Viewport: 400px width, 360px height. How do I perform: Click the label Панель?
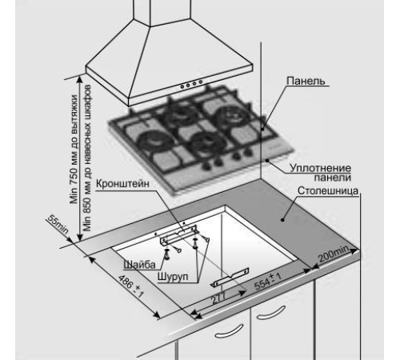tap(306, 81)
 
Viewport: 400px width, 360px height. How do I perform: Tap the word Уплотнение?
tap(320, 168)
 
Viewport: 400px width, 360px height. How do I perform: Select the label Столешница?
tap(328, 190)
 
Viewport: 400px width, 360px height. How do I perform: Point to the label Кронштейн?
tap(122, 184)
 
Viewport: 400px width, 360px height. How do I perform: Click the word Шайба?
tap(139, 265)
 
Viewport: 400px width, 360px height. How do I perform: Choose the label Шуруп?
tap(173, 276)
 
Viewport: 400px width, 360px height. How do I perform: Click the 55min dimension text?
tap(58, 225)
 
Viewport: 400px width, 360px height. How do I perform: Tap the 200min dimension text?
tap(334, 254)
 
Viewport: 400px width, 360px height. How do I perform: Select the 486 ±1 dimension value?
tap(130, 286)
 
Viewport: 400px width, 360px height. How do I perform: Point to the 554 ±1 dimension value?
tap(267, 282)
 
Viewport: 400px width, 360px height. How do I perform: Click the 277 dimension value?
tap(218, 298)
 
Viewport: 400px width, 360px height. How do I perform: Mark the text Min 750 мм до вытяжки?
tap(74, 150)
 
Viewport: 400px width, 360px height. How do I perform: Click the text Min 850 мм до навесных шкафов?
tap(87, 158)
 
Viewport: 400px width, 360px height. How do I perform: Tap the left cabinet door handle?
tap(229, 331)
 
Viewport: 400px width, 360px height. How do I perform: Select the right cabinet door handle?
tap(270, 313)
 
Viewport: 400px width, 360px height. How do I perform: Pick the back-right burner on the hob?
tap(230, 114)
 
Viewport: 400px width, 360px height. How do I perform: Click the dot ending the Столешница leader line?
tap(282, 220)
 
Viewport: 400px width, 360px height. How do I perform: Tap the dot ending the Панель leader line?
tap(262, 130)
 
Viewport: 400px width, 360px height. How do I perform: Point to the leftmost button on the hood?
tap(182, 86)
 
